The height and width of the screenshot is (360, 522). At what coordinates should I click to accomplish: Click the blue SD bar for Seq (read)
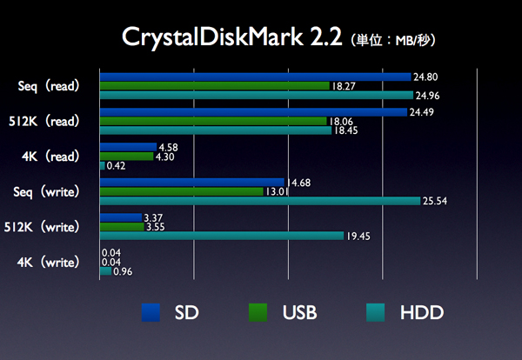coord(255,77)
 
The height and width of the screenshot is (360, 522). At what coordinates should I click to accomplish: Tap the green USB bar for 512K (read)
coord(213,121)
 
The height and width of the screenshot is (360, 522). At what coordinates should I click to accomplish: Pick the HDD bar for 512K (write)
coord(222,236)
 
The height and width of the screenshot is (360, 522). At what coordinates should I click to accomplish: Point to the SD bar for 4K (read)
coord(128,147)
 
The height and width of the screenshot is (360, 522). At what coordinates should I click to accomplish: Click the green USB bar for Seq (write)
coord(181,191)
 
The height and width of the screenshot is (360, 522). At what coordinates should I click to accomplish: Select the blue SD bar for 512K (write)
coord(120,217)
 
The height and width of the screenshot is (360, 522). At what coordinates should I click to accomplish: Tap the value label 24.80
coord(425,77)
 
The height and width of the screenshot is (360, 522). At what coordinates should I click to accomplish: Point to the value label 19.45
coord(357,236)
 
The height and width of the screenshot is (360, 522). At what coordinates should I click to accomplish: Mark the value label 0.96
coord(122,271)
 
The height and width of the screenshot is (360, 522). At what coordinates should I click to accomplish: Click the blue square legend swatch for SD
coord(151,311)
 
